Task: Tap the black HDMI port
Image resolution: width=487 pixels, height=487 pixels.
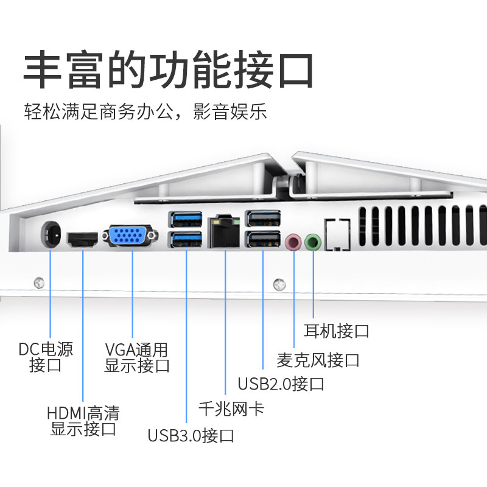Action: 82,239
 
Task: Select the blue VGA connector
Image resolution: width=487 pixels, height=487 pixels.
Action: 131,237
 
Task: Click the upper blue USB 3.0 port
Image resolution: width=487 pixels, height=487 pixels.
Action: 186,219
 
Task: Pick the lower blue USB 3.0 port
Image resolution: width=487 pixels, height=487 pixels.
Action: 186,240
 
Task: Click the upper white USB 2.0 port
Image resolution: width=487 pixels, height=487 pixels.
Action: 262,219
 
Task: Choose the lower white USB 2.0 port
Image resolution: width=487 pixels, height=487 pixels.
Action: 262,240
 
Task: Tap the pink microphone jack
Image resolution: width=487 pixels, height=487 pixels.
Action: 294,242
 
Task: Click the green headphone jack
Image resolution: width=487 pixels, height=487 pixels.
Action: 313,242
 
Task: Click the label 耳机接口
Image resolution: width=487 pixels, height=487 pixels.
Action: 337,331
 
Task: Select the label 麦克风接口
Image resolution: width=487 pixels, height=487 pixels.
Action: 318,360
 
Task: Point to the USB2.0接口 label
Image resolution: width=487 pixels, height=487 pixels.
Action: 281,384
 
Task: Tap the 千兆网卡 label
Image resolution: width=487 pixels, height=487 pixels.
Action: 231,408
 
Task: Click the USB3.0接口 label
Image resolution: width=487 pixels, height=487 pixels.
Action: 191,436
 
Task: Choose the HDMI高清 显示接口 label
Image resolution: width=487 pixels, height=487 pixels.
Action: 83,421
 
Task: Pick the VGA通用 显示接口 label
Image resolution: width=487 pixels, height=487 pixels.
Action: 137,357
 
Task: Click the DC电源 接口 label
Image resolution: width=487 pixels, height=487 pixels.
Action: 46,357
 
